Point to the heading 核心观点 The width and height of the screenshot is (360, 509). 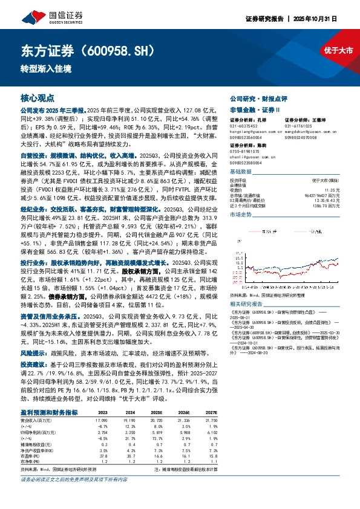[x=38, y=97]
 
